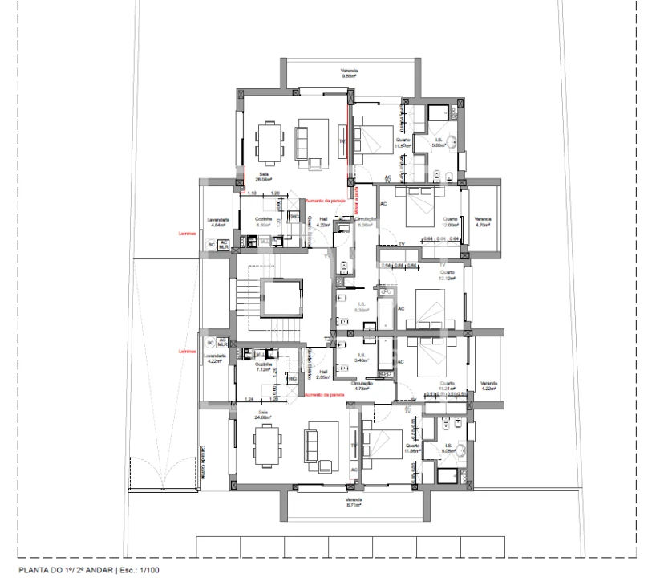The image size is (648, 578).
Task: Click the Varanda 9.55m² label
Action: coord(348,74)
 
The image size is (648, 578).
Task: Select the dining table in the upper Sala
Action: coord(269,142)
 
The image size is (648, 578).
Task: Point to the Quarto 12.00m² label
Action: coord(450,222)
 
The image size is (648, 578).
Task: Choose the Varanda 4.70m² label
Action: coord(482,222)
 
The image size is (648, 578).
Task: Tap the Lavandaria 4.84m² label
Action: coord(218,222)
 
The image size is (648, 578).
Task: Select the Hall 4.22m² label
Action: coord(323,222)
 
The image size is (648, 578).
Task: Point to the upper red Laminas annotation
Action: coord(187,234)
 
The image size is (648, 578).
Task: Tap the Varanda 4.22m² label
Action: coord(489,387)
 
